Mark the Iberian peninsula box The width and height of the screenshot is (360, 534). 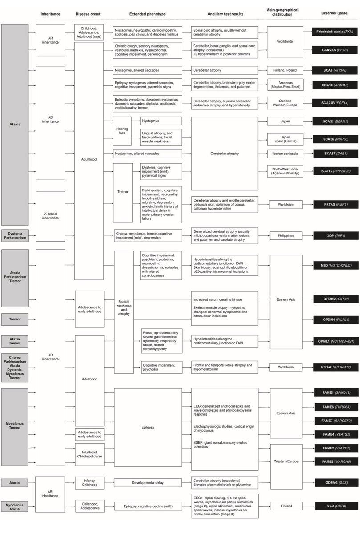(x=286, y=154)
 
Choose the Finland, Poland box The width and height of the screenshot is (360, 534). (x=286, y=70)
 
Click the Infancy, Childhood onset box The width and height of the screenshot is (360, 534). (x=89, y=482)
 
